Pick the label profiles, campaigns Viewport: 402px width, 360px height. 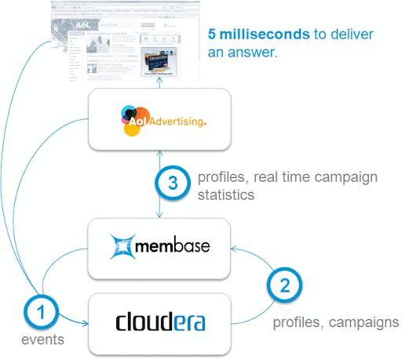click(x=335, y=322)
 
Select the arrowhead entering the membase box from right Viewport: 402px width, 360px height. click(x=238, y=249)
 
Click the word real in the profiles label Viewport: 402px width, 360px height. click(x=257, y=178)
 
